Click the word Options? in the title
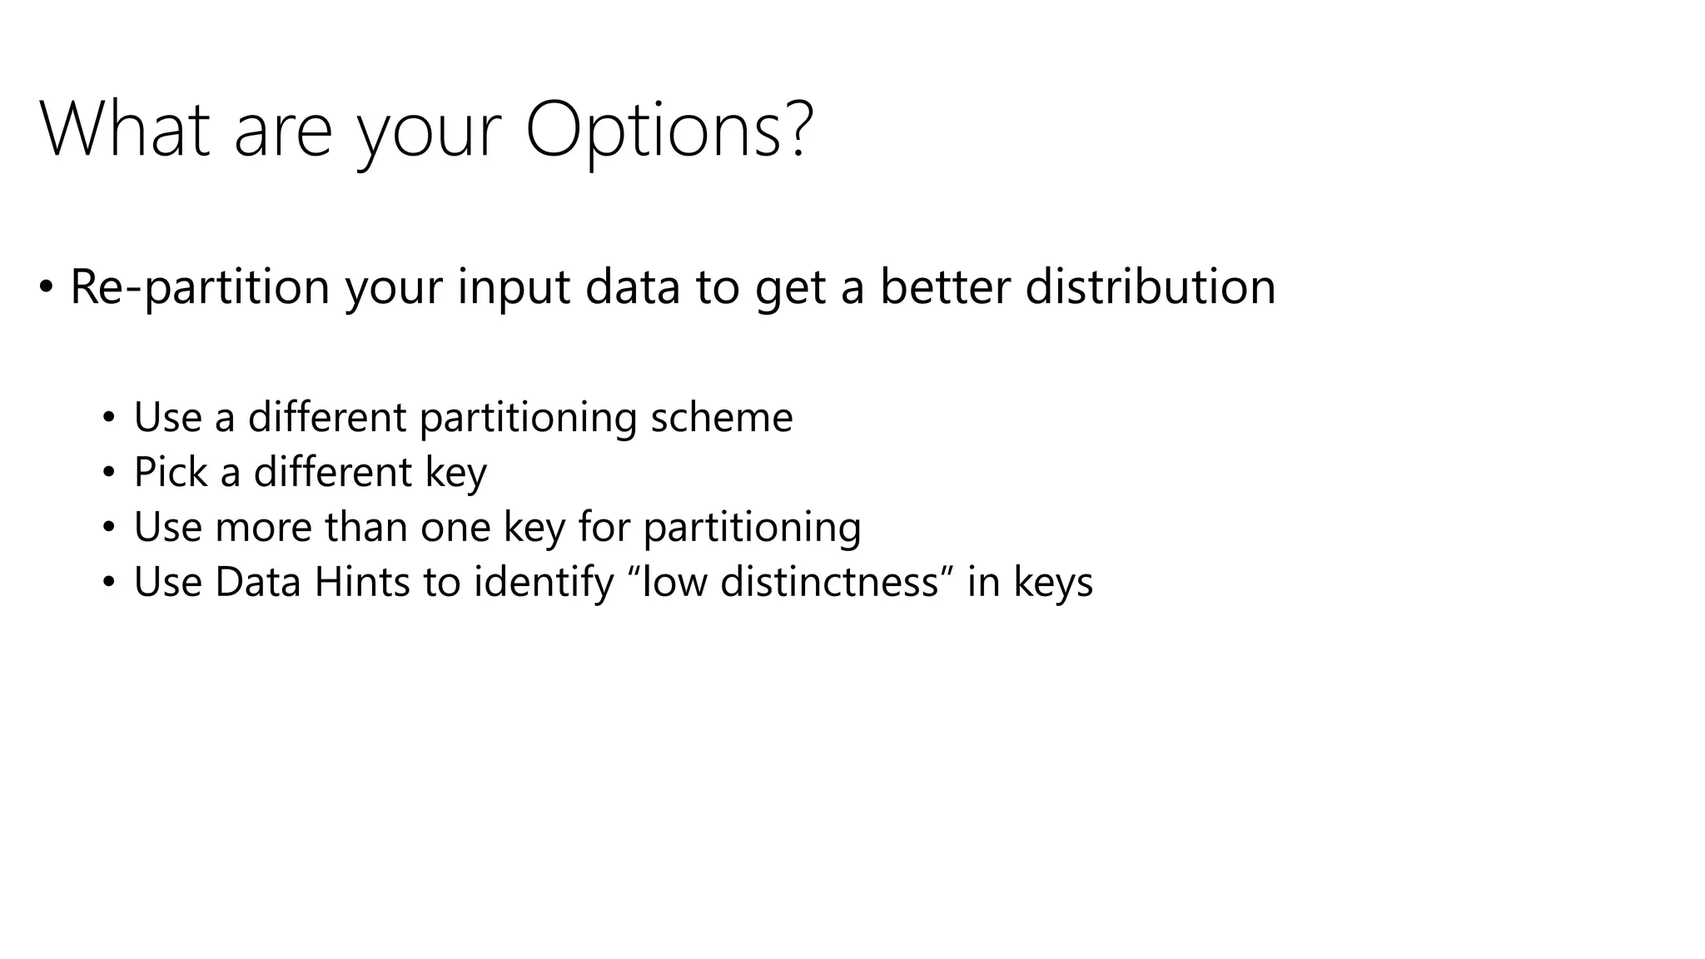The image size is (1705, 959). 669,131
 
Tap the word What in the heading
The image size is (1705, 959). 125,131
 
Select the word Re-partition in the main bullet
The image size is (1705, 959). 200,287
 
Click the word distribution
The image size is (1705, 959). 1150,287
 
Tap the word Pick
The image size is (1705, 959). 170,472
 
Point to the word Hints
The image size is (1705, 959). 361,582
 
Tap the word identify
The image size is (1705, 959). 543,582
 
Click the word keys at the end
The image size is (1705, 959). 1052,583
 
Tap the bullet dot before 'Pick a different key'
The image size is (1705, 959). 108,474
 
